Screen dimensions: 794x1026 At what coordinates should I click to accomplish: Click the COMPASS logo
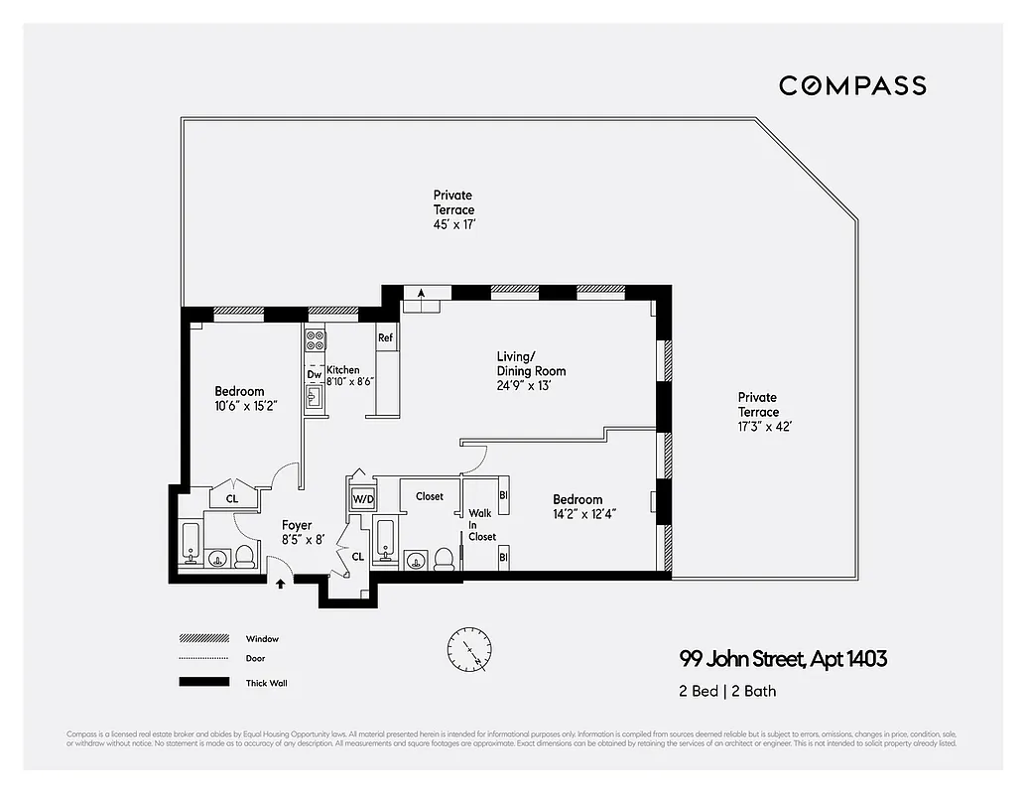pyautogui.click(x=851, y=85)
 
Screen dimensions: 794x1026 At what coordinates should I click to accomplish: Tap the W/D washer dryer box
pyautogui.click(x=362, y=498)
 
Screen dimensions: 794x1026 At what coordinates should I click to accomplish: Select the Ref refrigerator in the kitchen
pyautogui.click(x=386, y=338)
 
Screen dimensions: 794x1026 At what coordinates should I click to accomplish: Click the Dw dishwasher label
pyautogui.click(x=314, y=374)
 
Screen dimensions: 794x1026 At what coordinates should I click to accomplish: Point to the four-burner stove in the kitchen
pyautogui.click(x=315, y=341)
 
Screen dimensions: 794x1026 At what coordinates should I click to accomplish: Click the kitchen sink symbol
pyautogui.click(x=314, y=399)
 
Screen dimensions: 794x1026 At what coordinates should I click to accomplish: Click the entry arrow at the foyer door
pyautogui.click(x=281, y=584)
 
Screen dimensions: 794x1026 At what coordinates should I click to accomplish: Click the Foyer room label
pyautogui.click(x=297, y=525)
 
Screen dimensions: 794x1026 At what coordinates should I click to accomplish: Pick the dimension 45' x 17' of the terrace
pyautogui.click(x=453, y=224)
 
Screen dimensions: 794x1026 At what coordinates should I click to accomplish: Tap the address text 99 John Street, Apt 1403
pyautogui.click(x=783, y=658)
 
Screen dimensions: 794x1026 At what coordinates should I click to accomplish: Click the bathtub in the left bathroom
pyautogui.click(x=192, y=542)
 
